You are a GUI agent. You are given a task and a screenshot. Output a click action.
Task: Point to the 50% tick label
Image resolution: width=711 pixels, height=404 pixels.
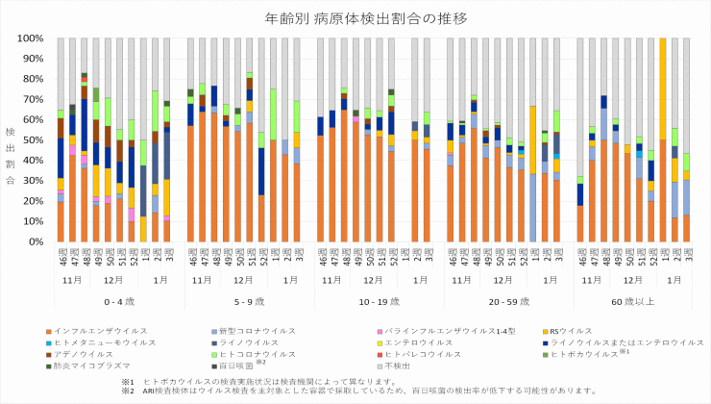point(33,140)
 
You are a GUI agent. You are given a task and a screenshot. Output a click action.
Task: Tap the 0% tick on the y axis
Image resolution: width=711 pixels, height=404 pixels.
point(36,242)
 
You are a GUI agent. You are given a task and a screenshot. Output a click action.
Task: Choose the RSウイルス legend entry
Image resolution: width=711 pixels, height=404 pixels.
point(546,330)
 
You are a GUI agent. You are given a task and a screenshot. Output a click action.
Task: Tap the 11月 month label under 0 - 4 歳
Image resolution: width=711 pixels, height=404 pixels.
point(71,279)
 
